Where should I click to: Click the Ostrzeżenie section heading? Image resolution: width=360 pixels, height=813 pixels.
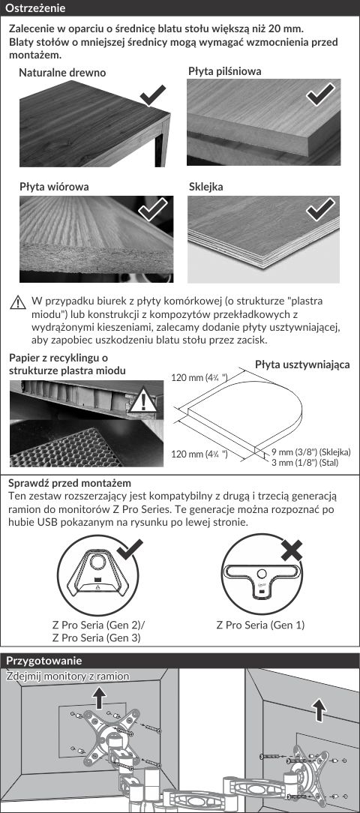pos(34,8)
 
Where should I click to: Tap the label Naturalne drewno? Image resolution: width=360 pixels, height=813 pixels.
pos(62,73)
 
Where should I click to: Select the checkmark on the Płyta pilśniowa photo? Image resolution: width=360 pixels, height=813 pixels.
pos(320,93)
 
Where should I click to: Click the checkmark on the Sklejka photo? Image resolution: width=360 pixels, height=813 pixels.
pos(320,209)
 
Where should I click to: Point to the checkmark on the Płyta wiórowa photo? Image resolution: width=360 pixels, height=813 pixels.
pos(153,209)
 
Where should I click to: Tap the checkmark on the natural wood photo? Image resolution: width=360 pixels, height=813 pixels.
pos(153,96)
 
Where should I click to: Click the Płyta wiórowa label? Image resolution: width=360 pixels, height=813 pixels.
pos(54,187)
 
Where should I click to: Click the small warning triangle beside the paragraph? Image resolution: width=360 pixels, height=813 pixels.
pos(18,302)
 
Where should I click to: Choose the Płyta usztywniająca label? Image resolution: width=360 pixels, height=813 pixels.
pos(302,364)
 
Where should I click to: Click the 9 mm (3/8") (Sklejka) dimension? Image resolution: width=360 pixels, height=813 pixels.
pos(311,451)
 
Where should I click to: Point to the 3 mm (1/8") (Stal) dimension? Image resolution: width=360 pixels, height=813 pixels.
pos(305,462)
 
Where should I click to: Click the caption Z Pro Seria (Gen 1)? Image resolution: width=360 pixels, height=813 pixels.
pos(260,625)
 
